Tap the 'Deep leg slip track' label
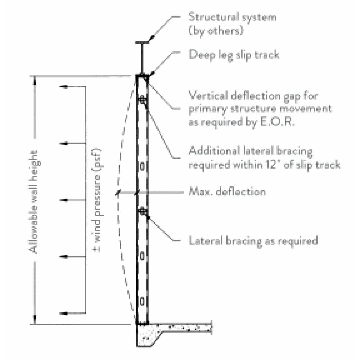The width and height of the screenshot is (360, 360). coord(234,54)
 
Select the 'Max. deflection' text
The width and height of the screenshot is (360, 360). coord(228,192)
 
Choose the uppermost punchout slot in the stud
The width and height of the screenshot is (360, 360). coord(143,166)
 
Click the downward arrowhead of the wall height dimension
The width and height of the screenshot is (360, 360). coord(35,320)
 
